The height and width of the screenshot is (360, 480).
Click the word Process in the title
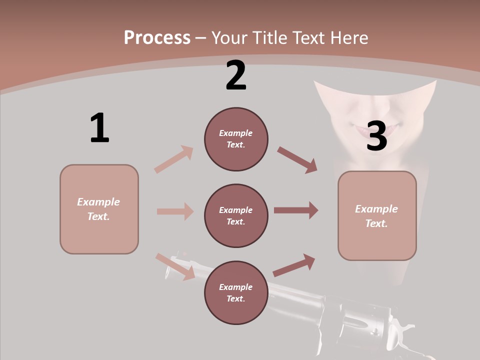157,38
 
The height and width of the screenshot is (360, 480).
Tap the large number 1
99,128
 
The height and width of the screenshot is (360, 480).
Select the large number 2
236,75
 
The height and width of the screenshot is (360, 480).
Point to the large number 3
376,136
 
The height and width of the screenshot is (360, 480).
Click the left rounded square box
99,209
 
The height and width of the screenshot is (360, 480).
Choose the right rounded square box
377,216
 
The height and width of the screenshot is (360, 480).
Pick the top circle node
236,139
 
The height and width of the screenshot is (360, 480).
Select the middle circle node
236,216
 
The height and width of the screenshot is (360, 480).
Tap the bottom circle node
236,293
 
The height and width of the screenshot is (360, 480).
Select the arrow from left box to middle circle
175,211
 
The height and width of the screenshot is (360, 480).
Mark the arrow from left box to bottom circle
175,266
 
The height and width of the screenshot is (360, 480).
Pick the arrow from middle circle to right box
296,210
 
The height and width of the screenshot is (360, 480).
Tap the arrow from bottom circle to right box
294,265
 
